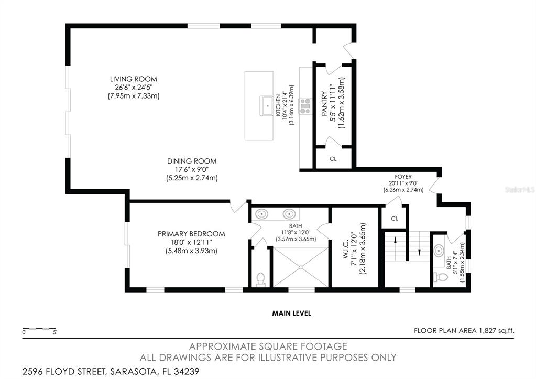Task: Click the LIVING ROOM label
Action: pyautogui.click(x=133, y=79)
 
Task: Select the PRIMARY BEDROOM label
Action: pyautogui.click(x=191, y=234)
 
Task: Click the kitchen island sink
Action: pyautogui.click(x=268, y=105)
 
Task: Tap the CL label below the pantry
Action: pyautogui.click(x=333, y=158)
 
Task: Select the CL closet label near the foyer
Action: pyautogui.click(x=395, y=218)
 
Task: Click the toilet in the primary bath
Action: pyautogui.click(x=260, y=278)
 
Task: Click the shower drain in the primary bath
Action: pyautogui.click(x=301, y=267)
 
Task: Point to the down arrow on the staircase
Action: pyautogui.click(x=419, y=251)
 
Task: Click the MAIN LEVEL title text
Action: pyautogui.click(x=291, y=313)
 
